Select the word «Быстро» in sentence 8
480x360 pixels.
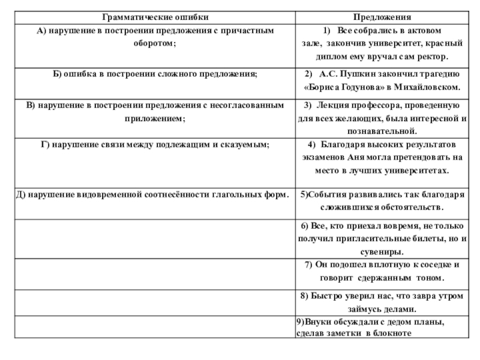coord(323,296)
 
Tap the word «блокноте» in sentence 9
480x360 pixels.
coord(392,332)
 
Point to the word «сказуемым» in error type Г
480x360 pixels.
coord(244,145)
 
